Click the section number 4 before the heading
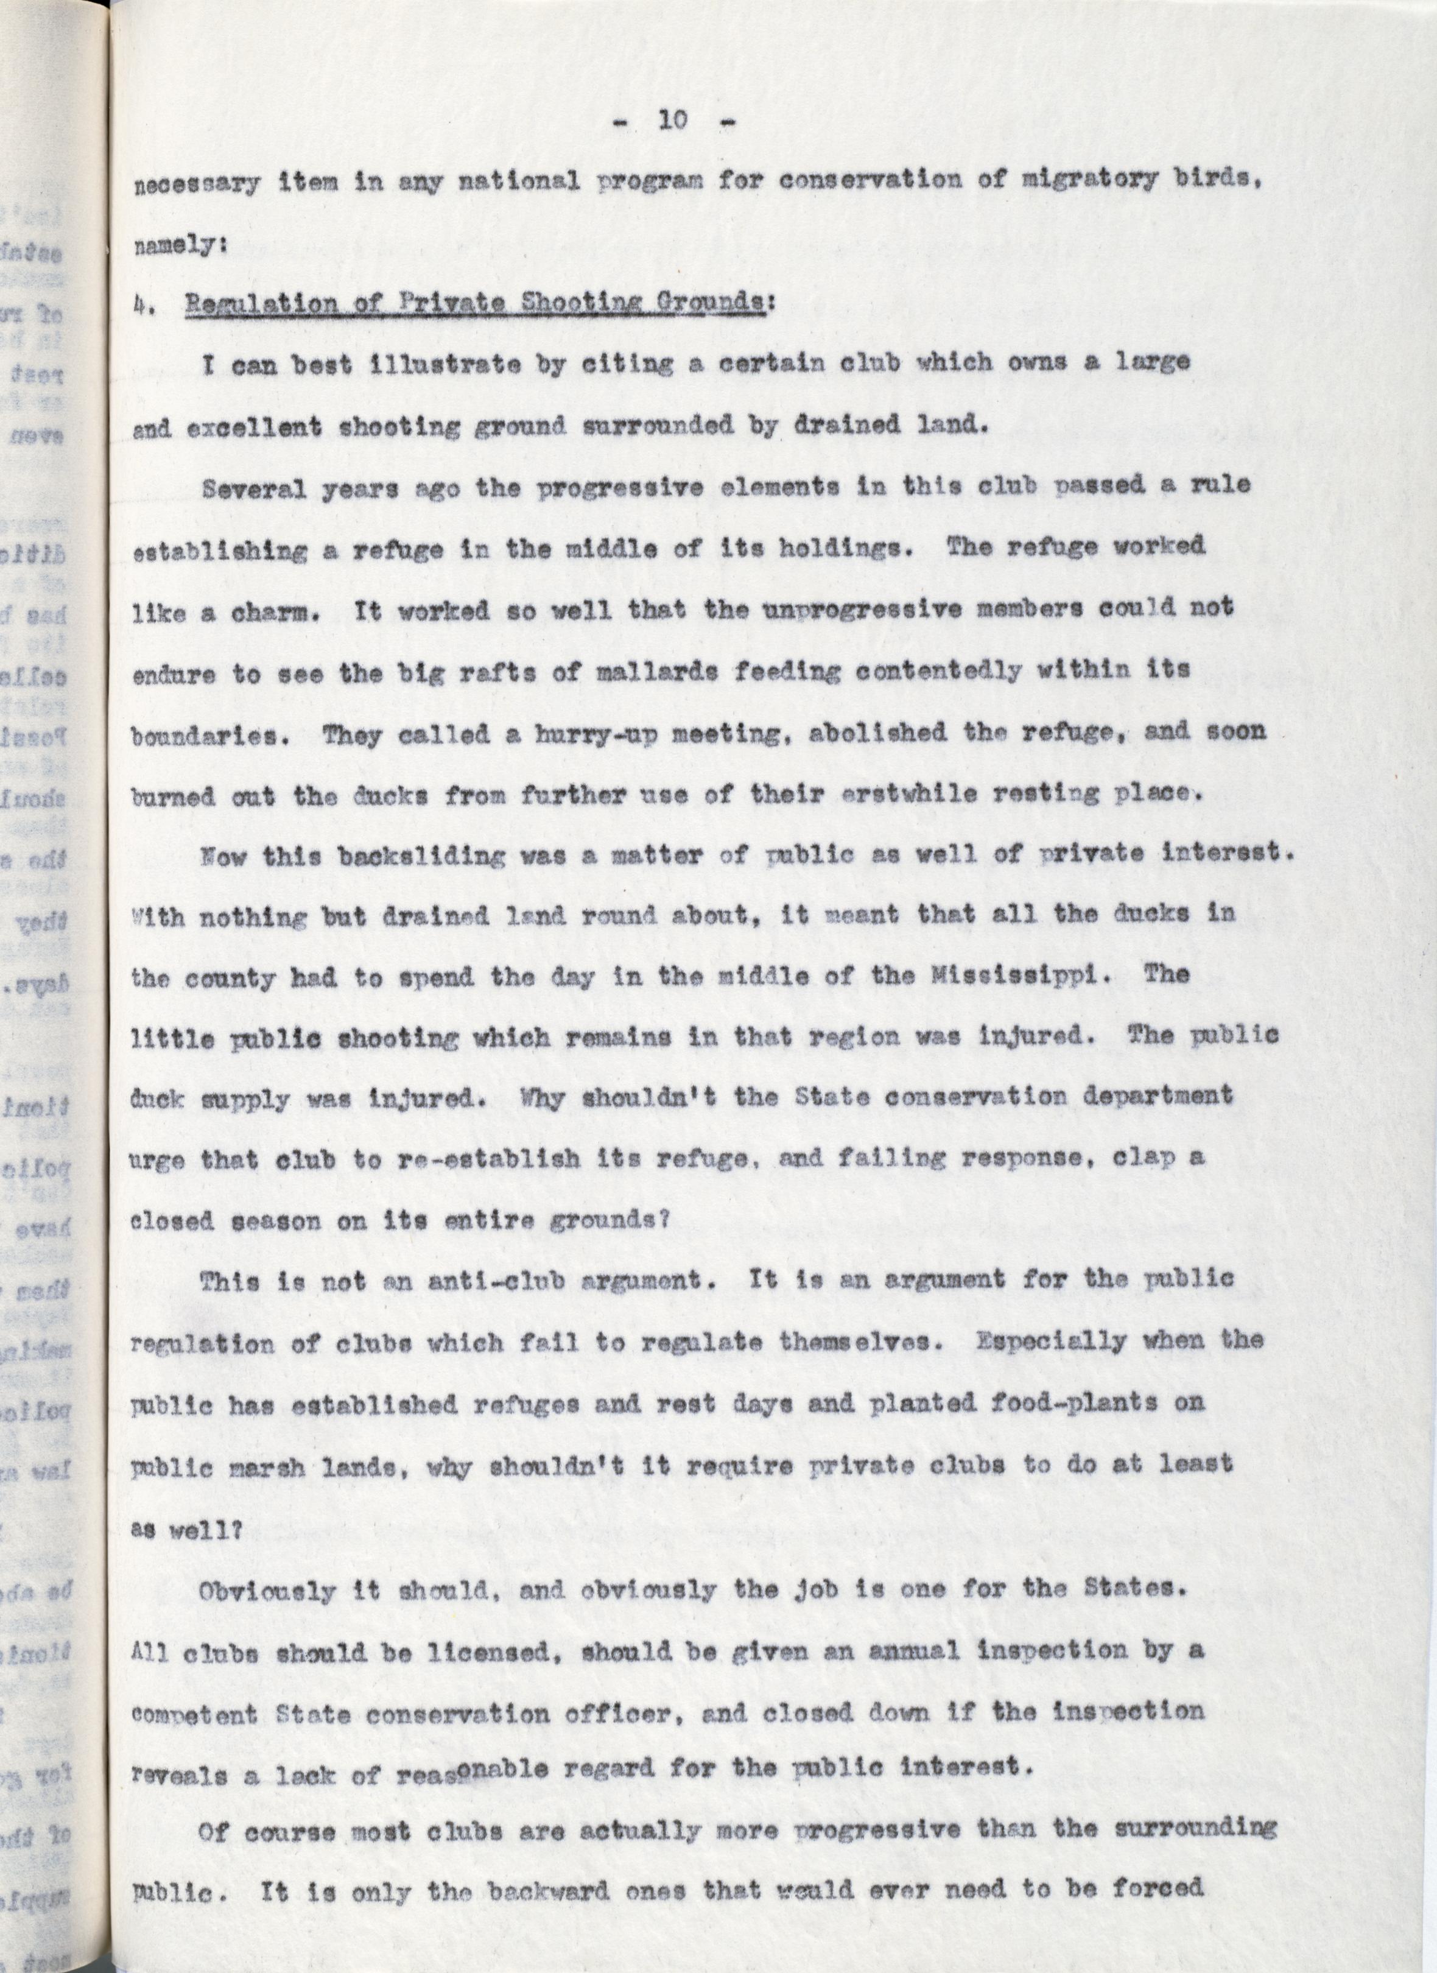pyautogui.click(x=142, y=306)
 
